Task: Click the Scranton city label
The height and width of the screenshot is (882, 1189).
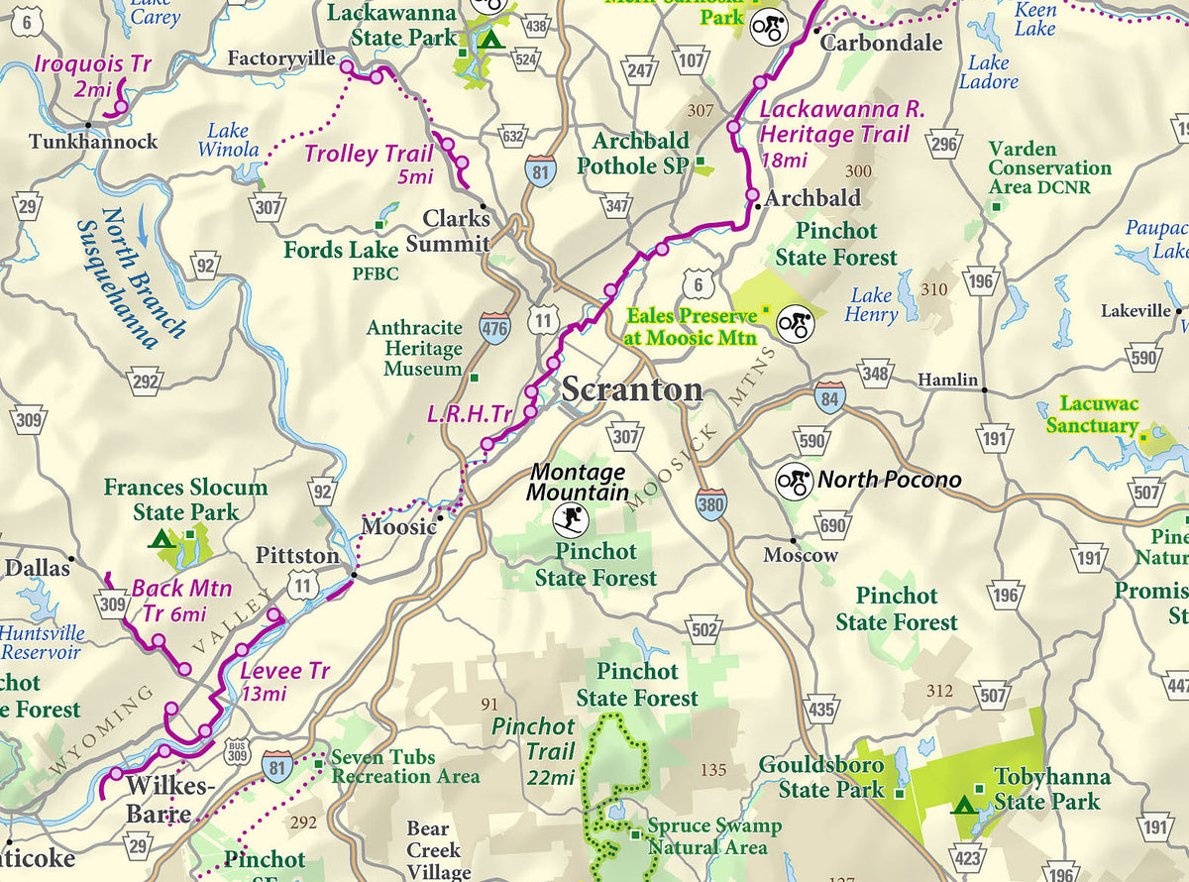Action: pos(632,389)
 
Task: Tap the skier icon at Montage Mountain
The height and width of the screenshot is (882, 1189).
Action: pos(570,517)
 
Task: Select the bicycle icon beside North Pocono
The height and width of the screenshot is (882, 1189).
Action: pos(795,481)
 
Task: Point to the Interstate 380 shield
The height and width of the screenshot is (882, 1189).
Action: pos(710,503)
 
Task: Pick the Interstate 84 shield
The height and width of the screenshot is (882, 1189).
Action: pos(830,397)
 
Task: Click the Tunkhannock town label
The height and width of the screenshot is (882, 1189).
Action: pos(93,142)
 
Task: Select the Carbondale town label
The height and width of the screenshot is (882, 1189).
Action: pos(881,43)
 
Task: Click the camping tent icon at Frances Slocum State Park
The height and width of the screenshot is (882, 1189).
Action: pos(160,539)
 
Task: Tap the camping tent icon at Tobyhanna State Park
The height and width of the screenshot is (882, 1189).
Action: pos(962,804)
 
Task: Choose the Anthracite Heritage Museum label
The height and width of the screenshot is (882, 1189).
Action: pos(415,348)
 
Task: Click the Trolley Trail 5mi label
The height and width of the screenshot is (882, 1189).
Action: pos(369,164)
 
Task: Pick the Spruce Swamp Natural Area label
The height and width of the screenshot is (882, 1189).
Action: pos(713,836)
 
